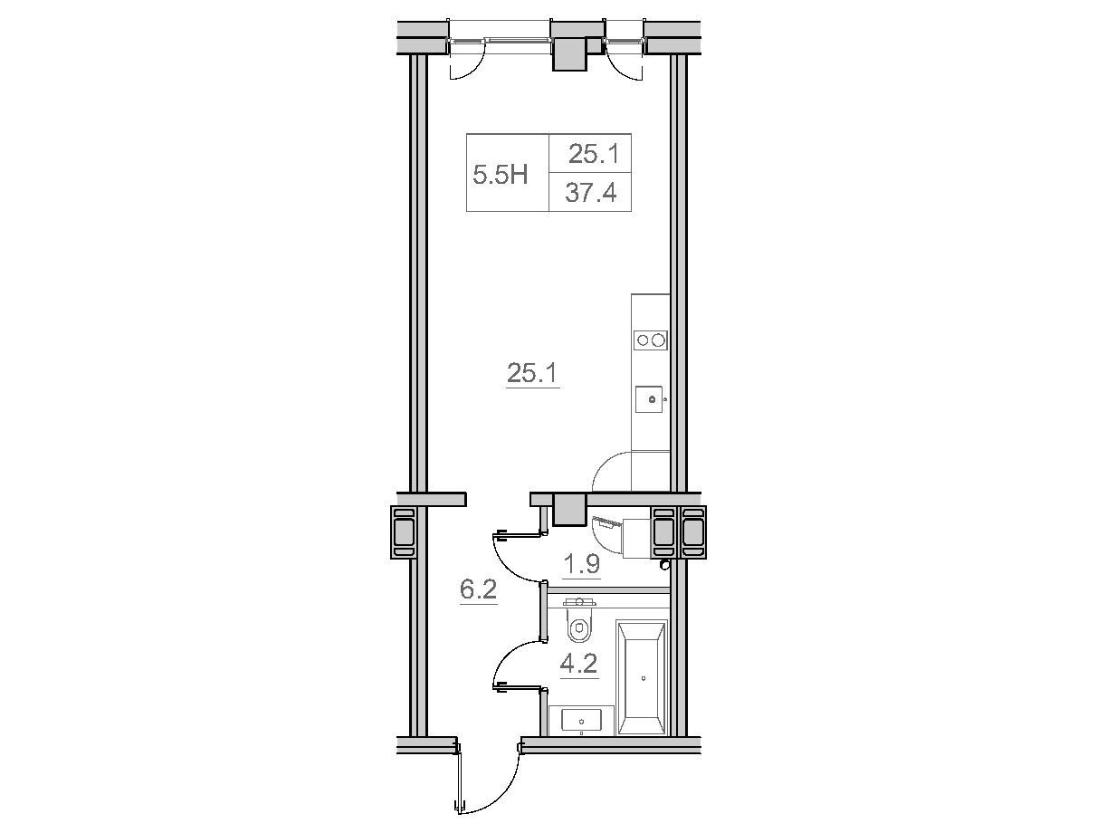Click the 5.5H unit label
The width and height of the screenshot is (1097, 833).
[500, 176]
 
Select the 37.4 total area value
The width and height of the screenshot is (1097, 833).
[590, 193]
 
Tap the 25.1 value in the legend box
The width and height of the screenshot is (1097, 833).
[594, 154]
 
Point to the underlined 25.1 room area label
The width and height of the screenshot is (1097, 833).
[532, 374]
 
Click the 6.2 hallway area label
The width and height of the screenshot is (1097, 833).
[478, 590]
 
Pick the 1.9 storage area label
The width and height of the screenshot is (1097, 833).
[581, 564]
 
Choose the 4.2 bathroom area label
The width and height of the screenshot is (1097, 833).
[579, 665]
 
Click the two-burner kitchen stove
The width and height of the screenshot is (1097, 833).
[651, 340]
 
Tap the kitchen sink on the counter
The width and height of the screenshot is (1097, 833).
[650, 399]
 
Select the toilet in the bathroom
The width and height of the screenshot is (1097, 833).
[580, 620]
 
